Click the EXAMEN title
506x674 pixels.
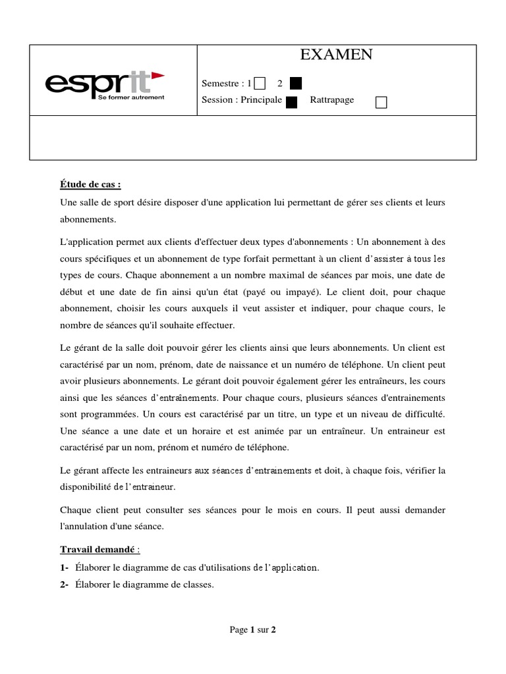point(336,55)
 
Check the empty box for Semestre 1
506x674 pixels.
point(260,84)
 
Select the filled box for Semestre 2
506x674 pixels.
point(296,84)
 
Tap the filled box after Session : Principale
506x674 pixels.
point(292,101)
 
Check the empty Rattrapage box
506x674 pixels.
point(381,101)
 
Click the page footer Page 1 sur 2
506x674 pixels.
point(253,630)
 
